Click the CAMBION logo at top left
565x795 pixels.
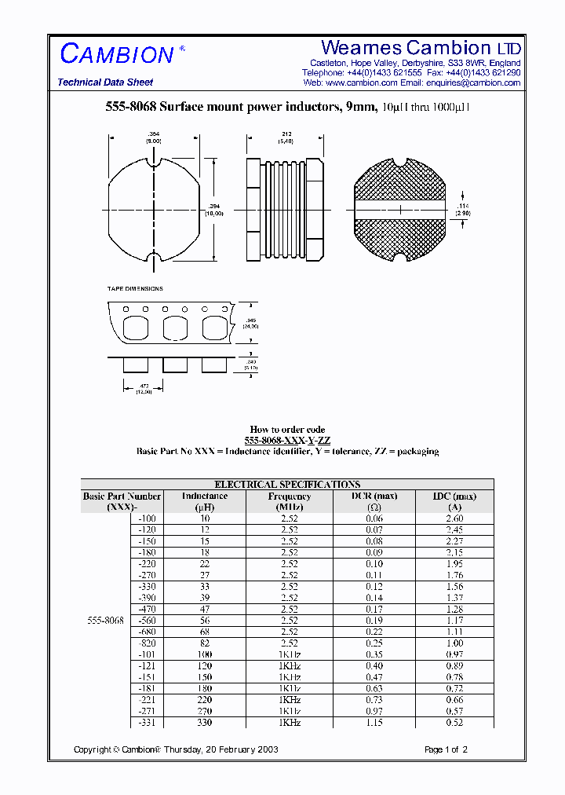(x=117, y=53)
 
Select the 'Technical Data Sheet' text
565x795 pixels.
(x=105, y=82)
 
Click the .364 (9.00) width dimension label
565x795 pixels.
(x=154, y=137)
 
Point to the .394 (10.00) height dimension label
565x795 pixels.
(x=214, y=210)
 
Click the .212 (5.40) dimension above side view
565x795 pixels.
(x=285, y=137)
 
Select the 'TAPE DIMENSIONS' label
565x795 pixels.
(x=135, y=289)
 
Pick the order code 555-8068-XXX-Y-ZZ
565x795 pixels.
(x=287, y=441)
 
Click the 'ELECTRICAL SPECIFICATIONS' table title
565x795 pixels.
(x=287, y=485)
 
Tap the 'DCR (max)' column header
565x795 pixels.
(x=375, y=496)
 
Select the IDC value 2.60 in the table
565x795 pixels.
(x=454, y=518)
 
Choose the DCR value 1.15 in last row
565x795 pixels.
(x=375, y=722)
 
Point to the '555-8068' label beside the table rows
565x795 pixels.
(x=104, y=621)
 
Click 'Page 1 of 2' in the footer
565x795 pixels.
(x=446, y=749)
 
